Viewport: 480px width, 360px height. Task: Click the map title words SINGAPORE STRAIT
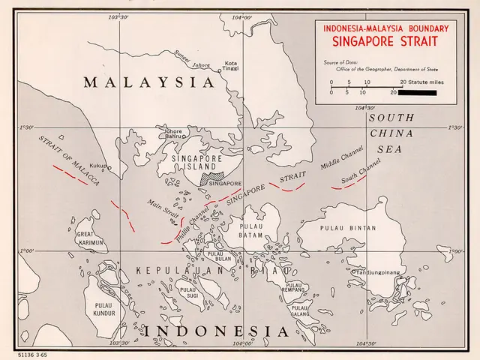[385, 43]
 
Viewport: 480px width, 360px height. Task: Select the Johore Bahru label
[174, 134]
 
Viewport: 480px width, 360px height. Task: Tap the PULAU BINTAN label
[348, 228]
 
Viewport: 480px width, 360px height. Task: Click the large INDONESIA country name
[216, 331]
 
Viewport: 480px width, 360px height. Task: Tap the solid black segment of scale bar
[416, 93]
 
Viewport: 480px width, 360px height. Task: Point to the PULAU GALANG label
[300, 311]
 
